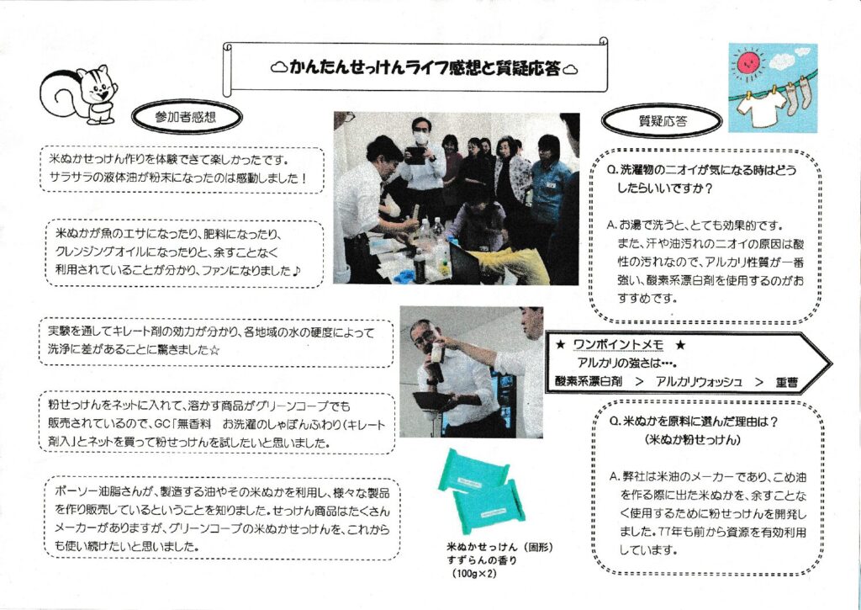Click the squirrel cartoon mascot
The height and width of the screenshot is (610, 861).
click(79, 94)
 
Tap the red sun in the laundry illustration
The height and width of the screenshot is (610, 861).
click(747, 63)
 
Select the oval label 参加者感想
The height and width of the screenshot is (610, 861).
click(187, 116)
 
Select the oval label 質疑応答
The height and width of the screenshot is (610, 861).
click(662, 121)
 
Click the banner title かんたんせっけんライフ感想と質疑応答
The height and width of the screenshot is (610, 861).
click(425, 69)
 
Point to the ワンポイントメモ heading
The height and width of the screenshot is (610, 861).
click(618, 345)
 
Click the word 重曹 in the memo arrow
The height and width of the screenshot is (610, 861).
click(787, 382)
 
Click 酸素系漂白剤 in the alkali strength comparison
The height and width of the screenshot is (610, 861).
click(589, 382)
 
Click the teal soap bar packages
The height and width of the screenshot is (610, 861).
click(481, 491)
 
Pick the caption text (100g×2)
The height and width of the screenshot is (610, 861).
click(473, 575)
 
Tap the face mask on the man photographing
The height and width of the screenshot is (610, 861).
click(420, 137)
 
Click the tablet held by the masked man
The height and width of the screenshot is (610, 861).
click(415, 156)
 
